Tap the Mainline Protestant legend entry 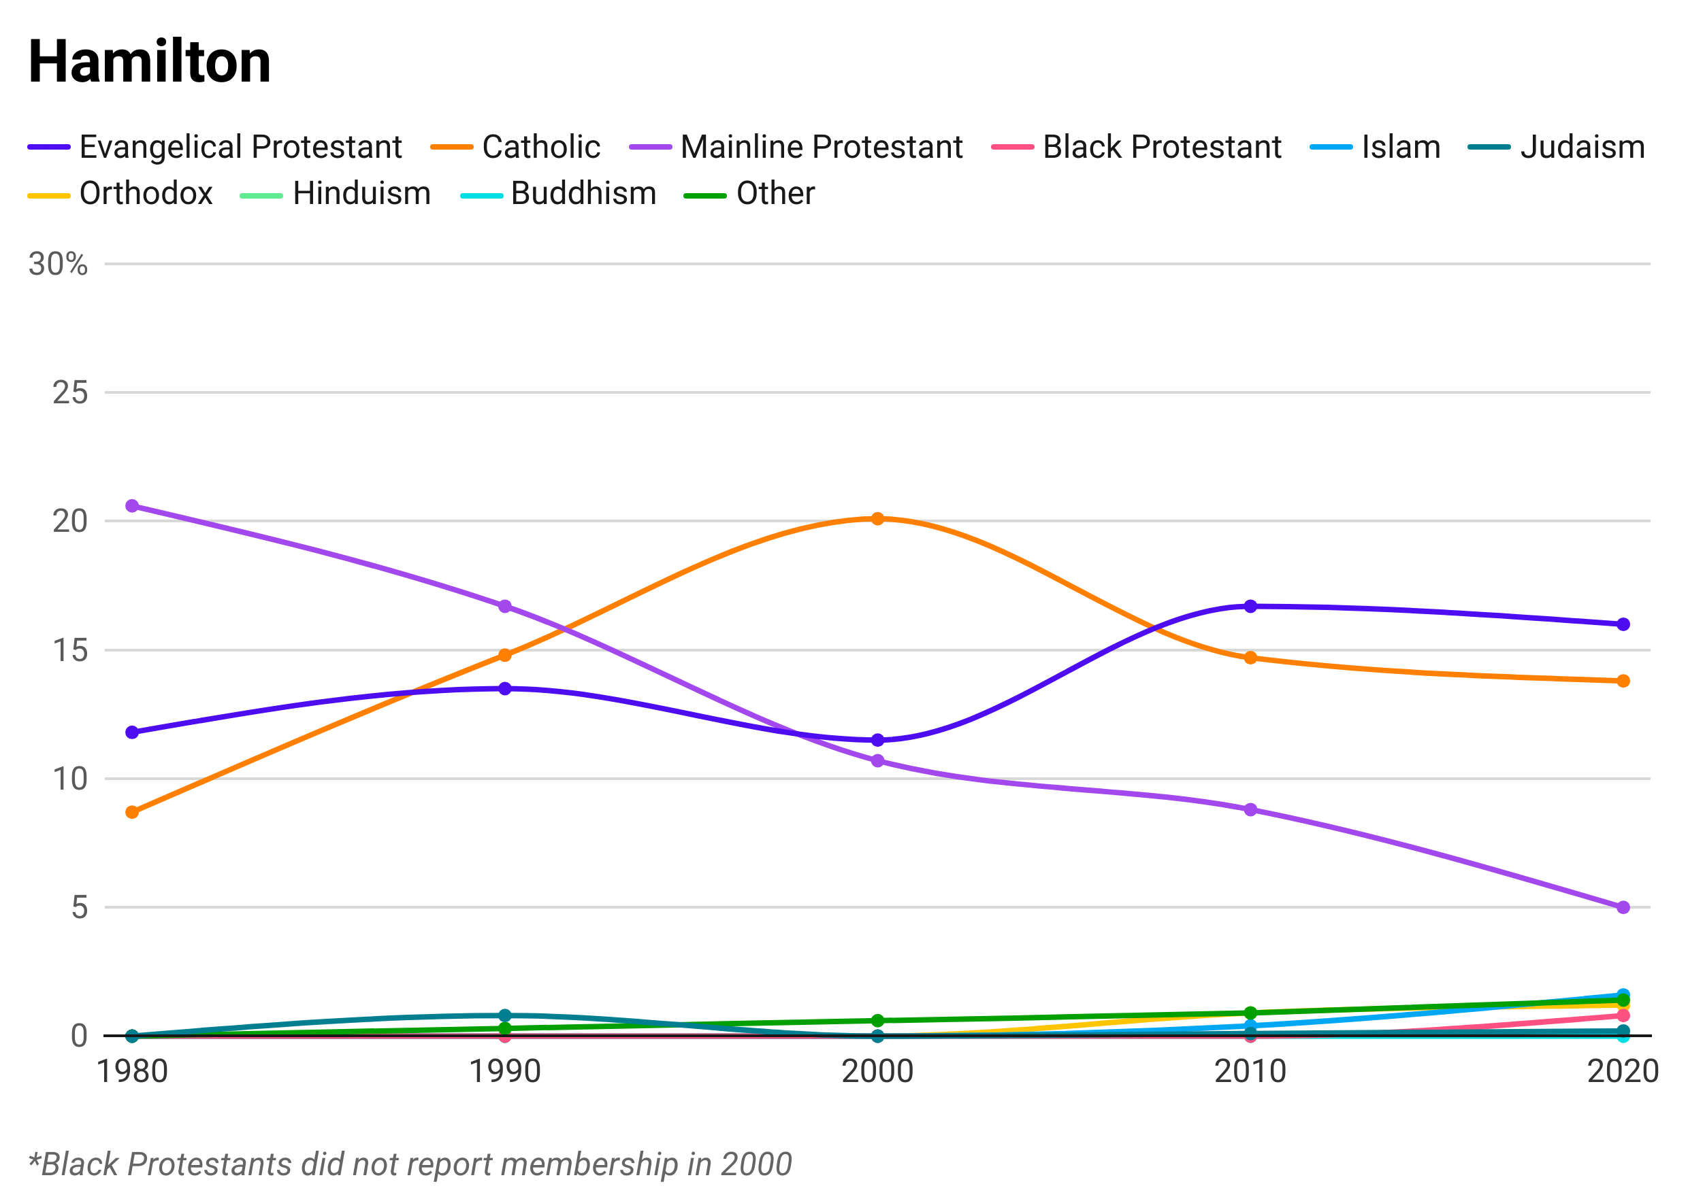pyautogui.click(x=820, y=146)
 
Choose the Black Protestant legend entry pyautogui.click(x=1156, y=146)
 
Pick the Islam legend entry pyautogui.click(x=1400, y=146)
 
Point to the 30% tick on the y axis pyautogui.click(x=70, y=649)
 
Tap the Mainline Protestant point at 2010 pyautogui.click(x=1250, y=826)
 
